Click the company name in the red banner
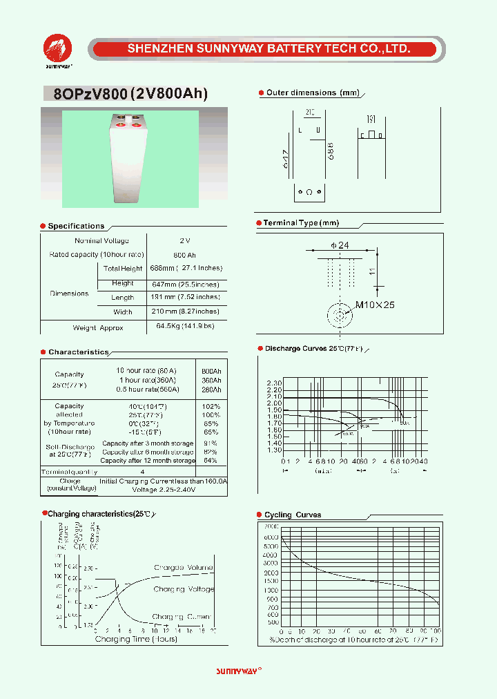269,49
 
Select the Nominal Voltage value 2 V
184,240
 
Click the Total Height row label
122,269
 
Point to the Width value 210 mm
186,312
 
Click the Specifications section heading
76,226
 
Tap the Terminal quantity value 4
143,472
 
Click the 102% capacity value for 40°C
211,406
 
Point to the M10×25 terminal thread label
375,305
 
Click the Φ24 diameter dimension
340,246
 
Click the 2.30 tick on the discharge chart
273,383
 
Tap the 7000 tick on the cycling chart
271,526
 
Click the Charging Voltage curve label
184,589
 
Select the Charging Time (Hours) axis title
136,639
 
